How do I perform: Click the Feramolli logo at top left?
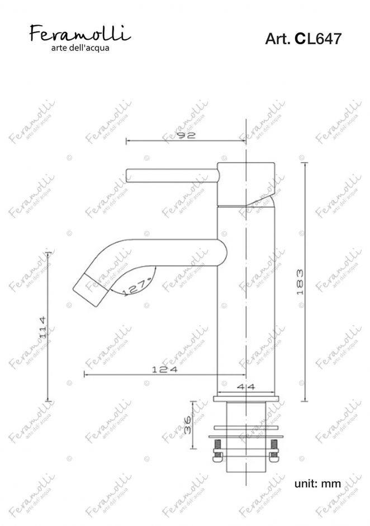pyautogui.click(x=79, y=34)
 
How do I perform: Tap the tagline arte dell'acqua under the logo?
pyautogui.click(x=79, y=49)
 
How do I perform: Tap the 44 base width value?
pyautogui.click(x=245, y=387)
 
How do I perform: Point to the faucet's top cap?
pyautogui.click(x=246, y=182)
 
